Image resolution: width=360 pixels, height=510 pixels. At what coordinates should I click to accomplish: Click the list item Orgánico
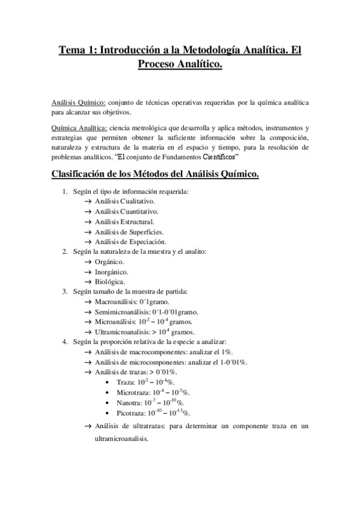(x=109, y=262)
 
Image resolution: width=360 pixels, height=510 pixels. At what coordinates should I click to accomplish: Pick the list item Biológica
(x=110, y=281)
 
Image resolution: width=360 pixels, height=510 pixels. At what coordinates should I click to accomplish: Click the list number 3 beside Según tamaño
(x=65, y=292)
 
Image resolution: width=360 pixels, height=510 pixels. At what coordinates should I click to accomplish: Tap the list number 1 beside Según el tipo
(x=65, y=191)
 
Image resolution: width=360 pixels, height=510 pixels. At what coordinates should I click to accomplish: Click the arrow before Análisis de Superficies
(x=88, y=232)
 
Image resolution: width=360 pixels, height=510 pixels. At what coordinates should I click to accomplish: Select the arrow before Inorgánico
(x=88, y=272)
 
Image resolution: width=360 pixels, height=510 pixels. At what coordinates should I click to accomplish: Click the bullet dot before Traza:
(x=107, y=382)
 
